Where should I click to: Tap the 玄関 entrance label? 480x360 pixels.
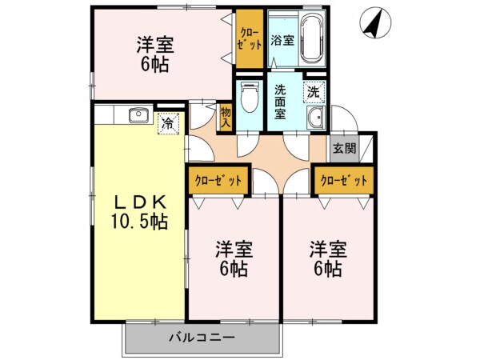click(345, 148)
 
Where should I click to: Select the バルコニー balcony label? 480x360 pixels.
click(201, 338)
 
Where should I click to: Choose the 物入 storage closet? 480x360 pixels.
click(226, 118)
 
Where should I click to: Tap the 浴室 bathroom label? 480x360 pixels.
click(280, 39)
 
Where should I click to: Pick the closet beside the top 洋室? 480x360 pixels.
click(248, 38)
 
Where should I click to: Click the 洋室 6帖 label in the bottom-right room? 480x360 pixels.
click(328, 258)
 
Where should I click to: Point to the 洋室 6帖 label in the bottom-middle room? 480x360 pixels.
click(231, 258)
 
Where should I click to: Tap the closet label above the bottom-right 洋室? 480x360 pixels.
click(344, 181)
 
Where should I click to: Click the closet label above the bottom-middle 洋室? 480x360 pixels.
click(219, 181)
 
